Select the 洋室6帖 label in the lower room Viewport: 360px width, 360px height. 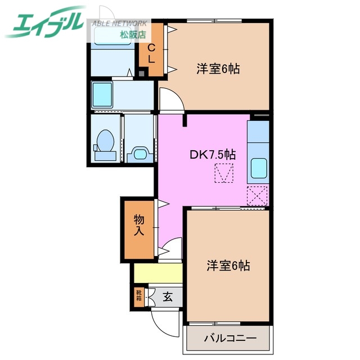[x=228, y=264]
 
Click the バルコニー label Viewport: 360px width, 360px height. [x=229, y=340]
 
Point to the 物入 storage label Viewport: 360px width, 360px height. [x=139, y=225]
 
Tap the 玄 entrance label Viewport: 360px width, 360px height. [x=168, y=296]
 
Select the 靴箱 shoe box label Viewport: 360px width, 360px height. [x=138, y=295]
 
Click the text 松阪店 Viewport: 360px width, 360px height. [x=133, y=35]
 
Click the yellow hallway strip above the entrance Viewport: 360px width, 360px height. [x=158, y=274]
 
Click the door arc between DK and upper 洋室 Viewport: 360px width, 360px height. [x=170, y=99]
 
